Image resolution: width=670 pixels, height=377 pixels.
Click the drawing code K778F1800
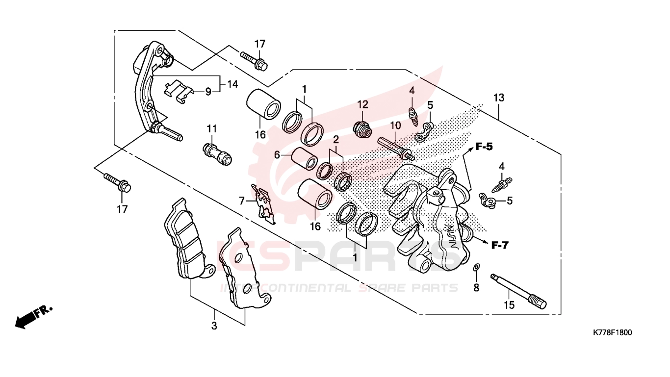tap(612, 332)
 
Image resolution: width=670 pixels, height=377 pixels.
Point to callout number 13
tap(498, 98)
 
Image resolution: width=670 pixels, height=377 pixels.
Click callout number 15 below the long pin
tap(509, 305)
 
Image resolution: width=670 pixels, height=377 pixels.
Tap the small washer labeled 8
tap(476, 267)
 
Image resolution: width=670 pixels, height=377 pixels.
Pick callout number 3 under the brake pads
tap(214, 326)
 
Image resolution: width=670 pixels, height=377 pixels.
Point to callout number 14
tap(232, 84)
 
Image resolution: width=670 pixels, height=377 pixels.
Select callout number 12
tap(362, 104)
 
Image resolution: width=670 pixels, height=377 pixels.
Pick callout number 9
tap(208, 91)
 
